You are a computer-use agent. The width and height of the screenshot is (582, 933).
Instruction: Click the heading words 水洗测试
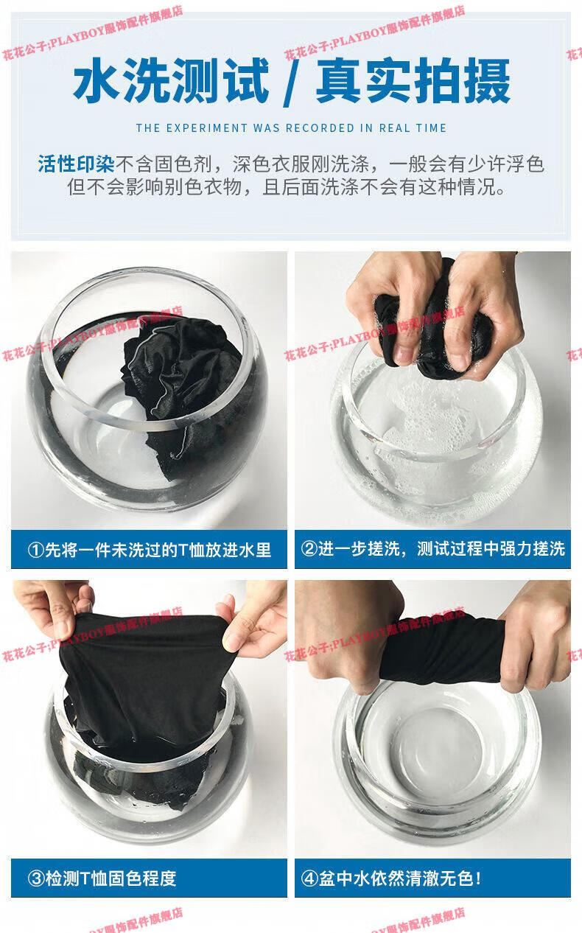(x=171, y=80)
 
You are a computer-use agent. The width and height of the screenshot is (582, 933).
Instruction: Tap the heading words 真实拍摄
(x=413, y=80)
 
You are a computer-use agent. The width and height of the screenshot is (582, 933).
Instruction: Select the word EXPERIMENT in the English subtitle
(x=206, y=128)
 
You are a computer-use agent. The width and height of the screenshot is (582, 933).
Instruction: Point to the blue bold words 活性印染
(x=76, y=164)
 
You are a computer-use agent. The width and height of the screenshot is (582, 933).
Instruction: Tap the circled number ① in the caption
(x=36, y=550)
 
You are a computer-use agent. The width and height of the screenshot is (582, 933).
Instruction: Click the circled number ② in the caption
(x=309, y=548)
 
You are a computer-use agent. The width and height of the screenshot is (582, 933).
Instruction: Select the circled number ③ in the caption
(x=36, y=878)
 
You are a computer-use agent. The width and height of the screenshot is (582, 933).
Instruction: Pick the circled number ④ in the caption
(x=309, y=878)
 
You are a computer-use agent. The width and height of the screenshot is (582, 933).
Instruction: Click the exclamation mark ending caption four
(x=478, y=878)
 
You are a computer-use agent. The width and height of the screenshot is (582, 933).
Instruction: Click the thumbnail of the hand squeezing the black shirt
(x=432, y=390)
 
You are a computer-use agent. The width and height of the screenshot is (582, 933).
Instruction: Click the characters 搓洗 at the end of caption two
(x=549, y=548)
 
